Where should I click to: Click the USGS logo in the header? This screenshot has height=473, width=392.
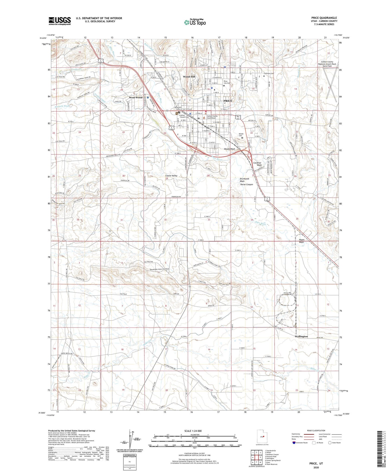(60, 21)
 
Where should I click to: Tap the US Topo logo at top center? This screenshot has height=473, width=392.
(195, 22)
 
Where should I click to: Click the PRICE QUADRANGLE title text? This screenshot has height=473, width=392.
(324, 18)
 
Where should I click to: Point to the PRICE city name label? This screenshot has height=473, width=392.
(228, 101)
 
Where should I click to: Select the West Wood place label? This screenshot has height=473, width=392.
(136, 98)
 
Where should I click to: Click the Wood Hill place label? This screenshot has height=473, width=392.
(189, 77)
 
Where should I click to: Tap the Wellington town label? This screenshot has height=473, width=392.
(301, 336)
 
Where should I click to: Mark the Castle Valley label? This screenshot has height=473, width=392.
(171, 176)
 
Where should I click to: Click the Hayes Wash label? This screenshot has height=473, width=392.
(301, 241)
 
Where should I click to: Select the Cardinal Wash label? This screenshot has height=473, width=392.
(257, 164)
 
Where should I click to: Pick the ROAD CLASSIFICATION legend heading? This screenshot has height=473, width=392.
(316, 430)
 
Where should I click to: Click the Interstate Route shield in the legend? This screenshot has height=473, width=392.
(294, 443)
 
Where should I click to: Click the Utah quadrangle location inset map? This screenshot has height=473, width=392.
(262, 436)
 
